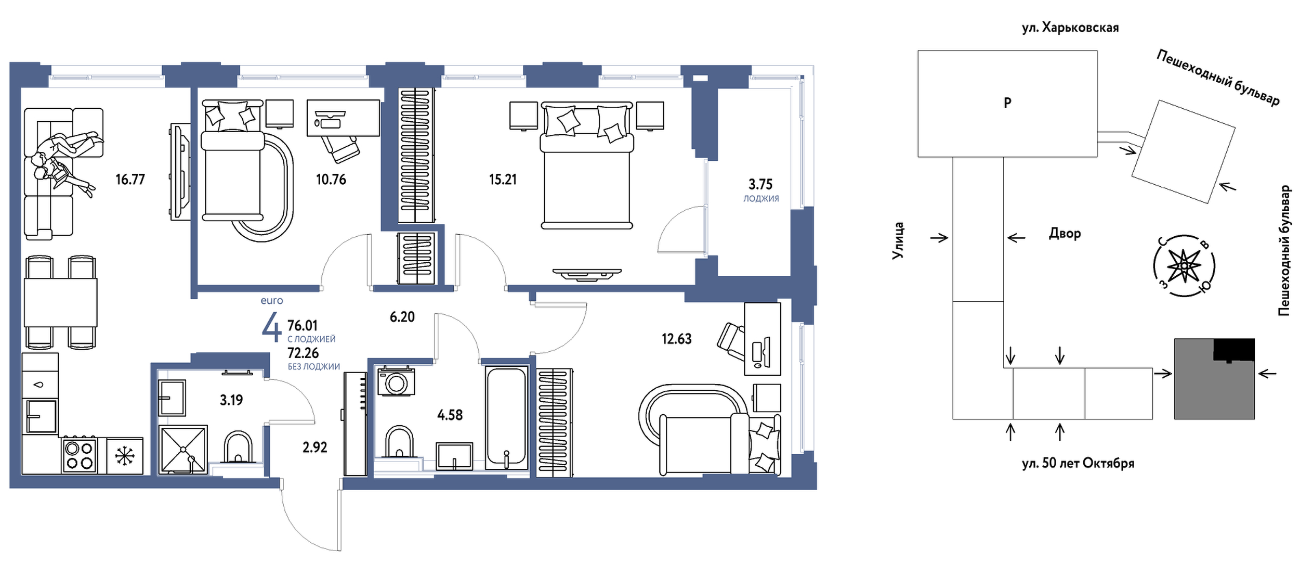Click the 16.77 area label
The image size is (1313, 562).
pyautogui.click(x=130, y=180)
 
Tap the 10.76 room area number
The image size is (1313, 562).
pyautogui.click(x=331, y=180)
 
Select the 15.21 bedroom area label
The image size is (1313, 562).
pyautogui.click(x=503, y=180)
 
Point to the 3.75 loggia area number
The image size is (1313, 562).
pyautogui.click(x=760, y=184)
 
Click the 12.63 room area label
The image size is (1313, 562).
pyautogui.click(x=676, y=339)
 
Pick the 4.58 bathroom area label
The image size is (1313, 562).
pyautogui.click(x=450, y=415)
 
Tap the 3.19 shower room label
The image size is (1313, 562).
pyautogui.click(x=231, y=400)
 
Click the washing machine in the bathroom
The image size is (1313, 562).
pyautogui.click(x=396, y=381)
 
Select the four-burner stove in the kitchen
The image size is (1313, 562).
pyautogui.click(x=79, y=455)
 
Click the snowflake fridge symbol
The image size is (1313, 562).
pyautogui.click(x=124, y=456)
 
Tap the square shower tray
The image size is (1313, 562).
pyautogui.click(x=183, y=450)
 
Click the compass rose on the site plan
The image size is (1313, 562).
pyautogui.click(x=1184, y=266)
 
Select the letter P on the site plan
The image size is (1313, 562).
pyautogui.click(x=1007, y=103)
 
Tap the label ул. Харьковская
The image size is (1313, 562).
pyautogui.click(x=1070, y=28)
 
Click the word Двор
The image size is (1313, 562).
pyautogui.click(x=1065, y=234)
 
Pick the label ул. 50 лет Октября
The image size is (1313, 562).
pyautogui.click(x=1078, y=463)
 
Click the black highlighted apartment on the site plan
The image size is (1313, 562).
pyautogui.click(x=1234, y=349)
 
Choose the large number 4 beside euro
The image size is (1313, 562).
pyautogui.click(x=271, y=328)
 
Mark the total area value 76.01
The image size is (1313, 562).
pyautogui.click(x=303, y=326)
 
